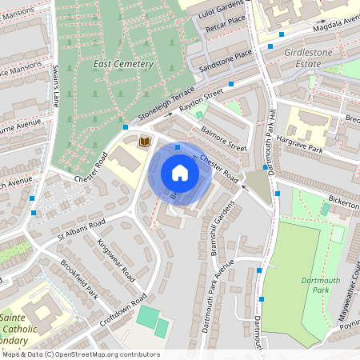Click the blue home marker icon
tap(180, 173)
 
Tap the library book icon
tap(145, 142)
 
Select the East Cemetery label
tap(123, 63)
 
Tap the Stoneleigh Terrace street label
tap(166, 104)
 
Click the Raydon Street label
tap(201, 102)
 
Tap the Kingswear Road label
tap(116, 258)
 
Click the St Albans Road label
tap(81, 231)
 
